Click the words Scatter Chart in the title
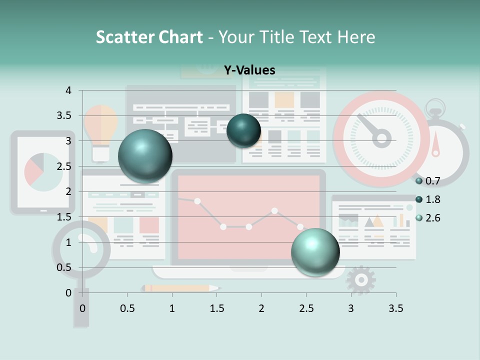pos(149,37)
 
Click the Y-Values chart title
pos(249,70)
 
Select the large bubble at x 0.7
pos(145,156)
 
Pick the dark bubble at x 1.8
pos(243,130)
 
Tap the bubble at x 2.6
pos(315,251)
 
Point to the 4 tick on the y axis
pos(68,90)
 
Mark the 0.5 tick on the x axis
pos(127,308)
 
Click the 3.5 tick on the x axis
pos(395,308)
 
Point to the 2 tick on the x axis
pos(261,308)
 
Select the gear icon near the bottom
pos(360,280)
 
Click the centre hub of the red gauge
pos(382,138)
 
